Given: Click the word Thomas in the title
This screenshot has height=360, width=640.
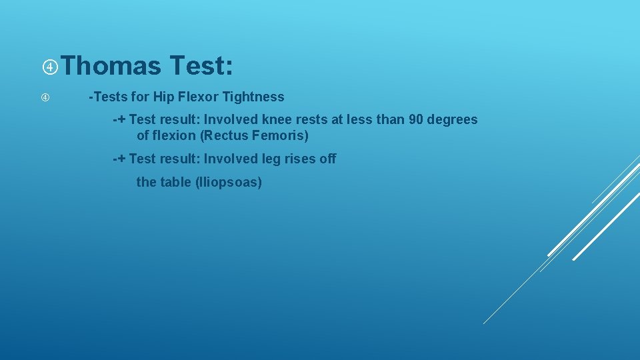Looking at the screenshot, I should [113, 66].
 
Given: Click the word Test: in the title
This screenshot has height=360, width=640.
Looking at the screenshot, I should [201, 66].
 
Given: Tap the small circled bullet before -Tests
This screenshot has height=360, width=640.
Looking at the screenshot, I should [45, 97].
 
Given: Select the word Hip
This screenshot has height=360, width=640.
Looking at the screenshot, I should [163, 97].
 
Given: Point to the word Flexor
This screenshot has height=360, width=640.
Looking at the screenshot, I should [197, 97].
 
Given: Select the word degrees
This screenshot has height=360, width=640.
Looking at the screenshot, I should [454, 120].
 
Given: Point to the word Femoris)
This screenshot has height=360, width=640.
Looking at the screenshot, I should [281, 136].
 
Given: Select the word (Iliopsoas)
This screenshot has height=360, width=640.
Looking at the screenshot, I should [229, 182].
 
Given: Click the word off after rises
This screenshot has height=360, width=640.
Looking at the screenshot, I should [328, 159].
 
